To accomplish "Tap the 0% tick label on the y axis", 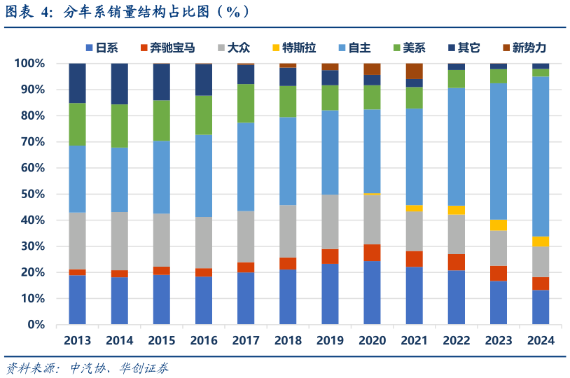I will (35, 325).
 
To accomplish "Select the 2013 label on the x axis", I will (77, 341).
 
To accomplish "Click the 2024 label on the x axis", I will (540, 341).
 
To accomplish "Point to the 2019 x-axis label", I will (330, 341).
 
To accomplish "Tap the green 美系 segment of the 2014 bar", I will (119, 126).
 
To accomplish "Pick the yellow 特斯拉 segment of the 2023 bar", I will (498, 225).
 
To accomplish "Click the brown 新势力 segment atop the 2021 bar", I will (414, 71).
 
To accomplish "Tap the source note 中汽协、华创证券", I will (119, 367).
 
